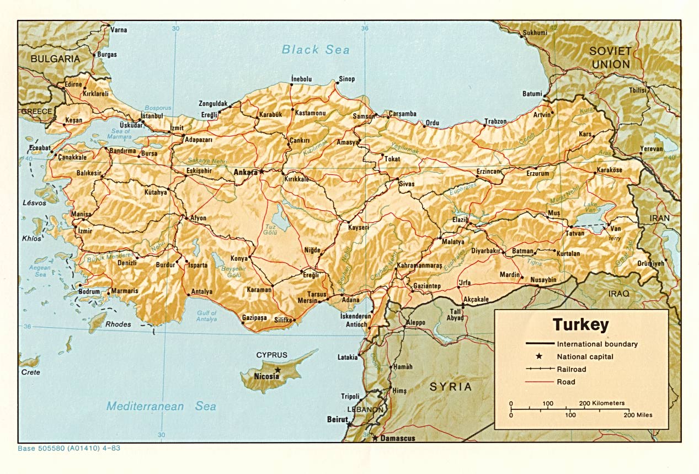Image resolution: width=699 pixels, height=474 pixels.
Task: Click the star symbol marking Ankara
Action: point(262,172)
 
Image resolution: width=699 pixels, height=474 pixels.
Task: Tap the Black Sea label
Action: point(316,50)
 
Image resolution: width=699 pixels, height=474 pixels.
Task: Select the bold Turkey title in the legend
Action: point(581,324)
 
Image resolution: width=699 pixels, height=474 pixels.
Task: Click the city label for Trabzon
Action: point(495,121)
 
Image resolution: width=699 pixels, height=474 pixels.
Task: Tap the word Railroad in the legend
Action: point(572,369)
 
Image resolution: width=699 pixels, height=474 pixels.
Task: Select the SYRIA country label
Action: point(451,387)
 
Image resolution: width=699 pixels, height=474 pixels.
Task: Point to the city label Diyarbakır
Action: point(485,251)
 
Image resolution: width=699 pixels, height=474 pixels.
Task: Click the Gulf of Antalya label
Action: point(207,316)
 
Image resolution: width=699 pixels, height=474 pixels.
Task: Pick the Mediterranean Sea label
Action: point(161,406)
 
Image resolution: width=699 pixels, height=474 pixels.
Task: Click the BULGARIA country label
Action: point(55,58)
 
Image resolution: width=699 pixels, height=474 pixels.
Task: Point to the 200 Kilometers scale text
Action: point(601,403)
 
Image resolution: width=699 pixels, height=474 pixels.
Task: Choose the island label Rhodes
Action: point(118,324)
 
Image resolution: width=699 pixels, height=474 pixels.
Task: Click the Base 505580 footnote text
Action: point(69,448)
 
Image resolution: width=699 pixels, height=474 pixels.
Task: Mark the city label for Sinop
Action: point(346,79)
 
